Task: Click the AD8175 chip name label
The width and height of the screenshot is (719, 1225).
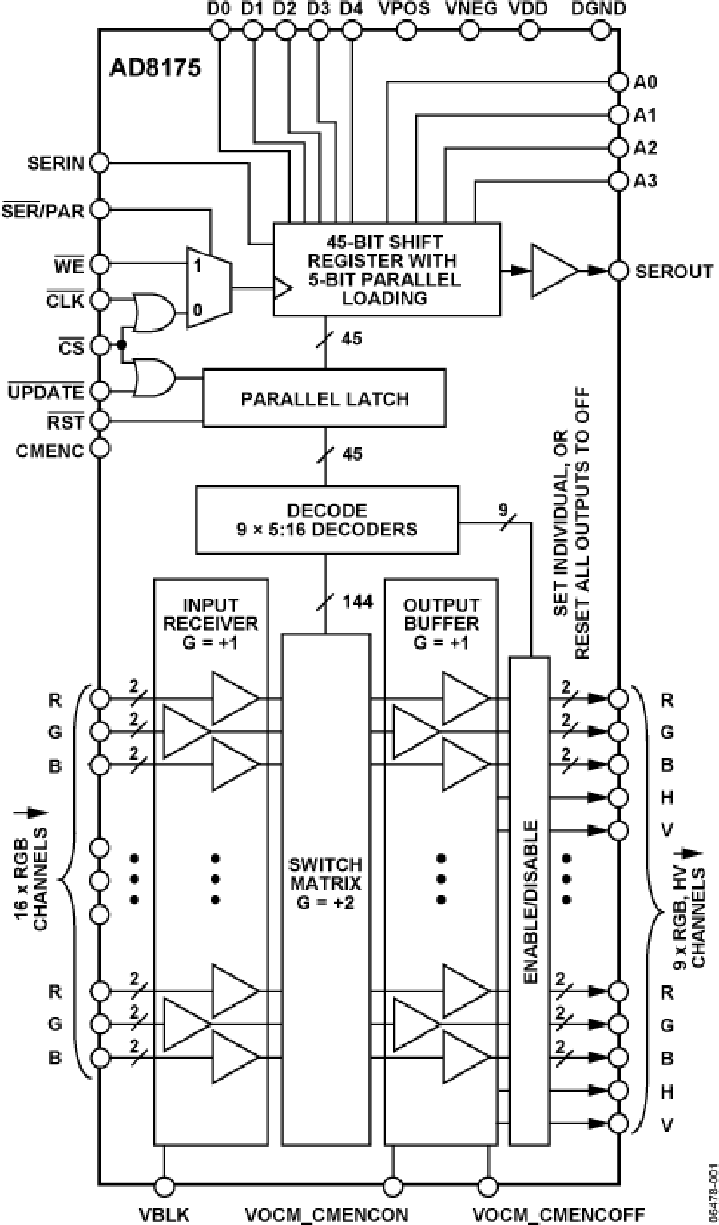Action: (155, 66)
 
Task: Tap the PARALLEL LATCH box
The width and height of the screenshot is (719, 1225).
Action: (324, 397)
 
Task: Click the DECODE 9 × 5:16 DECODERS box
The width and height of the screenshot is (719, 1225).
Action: (328, 519)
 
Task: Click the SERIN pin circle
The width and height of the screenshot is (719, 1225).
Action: (99, 163)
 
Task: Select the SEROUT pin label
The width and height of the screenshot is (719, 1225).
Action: (673, 271)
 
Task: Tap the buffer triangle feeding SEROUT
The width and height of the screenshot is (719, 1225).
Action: (554, 271)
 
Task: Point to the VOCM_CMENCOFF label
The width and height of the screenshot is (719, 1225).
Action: (558, 1215)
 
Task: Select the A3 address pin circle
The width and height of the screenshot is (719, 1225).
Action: (618, 181)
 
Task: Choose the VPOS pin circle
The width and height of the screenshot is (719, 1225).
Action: (407, 30)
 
